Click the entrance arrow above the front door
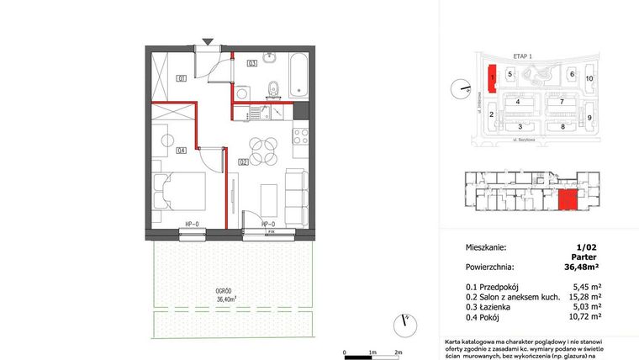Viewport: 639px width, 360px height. [209, 41]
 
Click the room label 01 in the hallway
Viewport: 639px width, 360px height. [181, 79]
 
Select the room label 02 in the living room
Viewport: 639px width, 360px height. [242, 161]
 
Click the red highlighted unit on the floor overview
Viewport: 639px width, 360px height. [569, 200]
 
